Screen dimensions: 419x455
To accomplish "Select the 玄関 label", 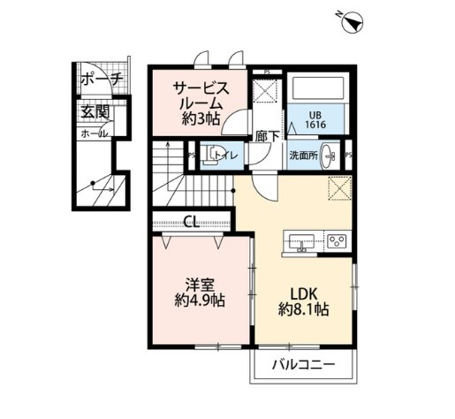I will (95, 113).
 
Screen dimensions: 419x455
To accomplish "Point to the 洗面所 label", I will (302, 156).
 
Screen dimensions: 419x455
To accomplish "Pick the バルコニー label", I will (302, 365).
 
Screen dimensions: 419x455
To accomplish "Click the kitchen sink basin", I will (300, 240).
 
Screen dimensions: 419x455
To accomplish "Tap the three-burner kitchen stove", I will (337, 240).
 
